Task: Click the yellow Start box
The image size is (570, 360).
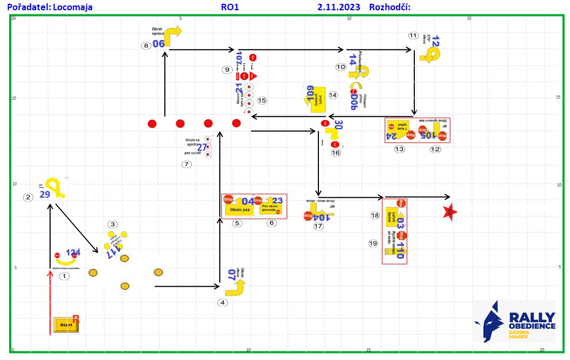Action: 66,325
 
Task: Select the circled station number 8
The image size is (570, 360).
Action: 146,46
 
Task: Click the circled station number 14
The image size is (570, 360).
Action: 333,95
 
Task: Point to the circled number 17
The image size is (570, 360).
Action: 318,226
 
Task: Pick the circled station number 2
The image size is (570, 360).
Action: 28,197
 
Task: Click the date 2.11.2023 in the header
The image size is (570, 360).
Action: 339,8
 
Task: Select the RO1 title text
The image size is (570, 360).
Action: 230,8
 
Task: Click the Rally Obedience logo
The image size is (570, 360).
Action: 515,322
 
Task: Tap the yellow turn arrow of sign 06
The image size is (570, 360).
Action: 173,36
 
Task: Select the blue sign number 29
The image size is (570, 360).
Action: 45,195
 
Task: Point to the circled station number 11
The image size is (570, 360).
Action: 413,36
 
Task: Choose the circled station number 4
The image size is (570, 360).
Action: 223,302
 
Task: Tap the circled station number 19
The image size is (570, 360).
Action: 373,243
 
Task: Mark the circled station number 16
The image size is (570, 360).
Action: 336,153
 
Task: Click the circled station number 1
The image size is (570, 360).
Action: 64,276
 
